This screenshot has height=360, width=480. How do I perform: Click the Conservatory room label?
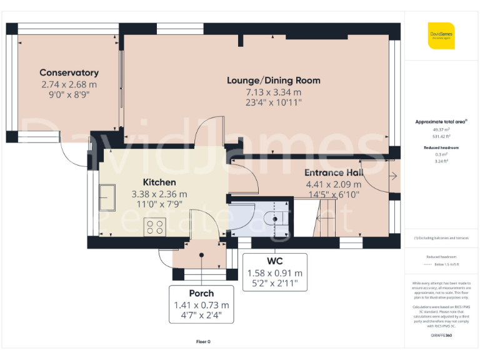(69, 72)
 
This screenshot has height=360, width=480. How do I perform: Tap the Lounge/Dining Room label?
(273, 80)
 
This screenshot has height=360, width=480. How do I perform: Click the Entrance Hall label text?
(333, 172)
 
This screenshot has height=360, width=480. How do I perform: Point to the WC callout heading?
(275, 260)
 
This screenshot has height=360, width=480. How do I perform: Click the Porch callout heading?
(201, 293)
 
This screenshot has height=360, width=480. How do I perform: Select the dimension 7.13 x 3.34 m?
(273, 92)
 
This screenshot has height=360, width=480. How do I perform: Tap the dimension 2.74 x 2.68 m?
(69, 84)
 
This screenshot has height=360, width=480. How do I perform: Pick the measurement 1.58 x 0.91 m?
(275, 273)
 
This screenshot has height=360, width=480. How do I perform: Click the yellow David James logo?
(441, 35)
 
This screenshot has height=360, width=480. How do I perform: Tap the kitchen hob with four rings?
(154, 227)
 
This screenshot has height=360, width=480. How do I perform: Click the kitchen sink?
(107, 197)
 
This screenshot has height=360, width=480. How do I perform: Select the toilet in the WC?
(276, 219)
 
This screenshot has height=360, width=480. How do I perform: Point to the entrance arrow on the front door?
(392, 177)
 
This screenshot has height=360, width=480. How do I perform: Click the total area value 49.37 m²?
(441, 130)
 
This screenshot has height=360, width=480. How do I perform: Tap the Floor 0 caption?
(204, 341)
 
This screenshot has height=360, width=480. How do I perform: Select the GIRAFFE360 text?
(441, 336)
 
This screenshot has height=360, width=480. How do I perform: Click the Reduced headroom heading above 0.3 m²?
(441, 147)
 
